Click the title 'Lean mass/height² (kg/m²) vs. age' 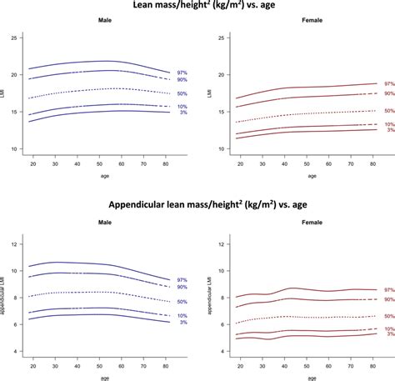click(197, 7)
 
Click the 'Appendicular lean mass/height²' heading click(197, 206)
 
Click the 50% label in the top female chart click(388, 111)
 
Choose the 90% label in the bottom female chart click(388, 299)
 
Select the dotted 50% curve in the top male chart click(99, 88)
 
